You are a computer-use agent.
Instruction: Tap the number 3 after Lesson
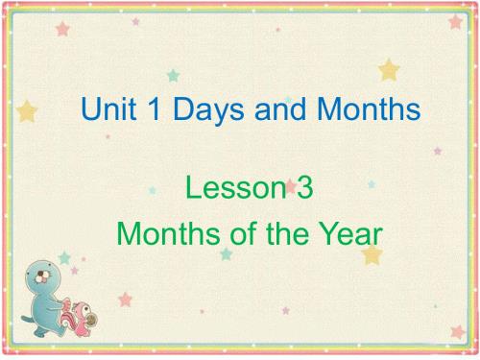pos(306,189)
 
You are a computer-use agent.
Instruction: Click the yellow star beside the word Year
pos(372,254)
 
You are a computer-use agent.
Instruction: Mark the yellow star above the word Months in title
pos(388,69)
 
